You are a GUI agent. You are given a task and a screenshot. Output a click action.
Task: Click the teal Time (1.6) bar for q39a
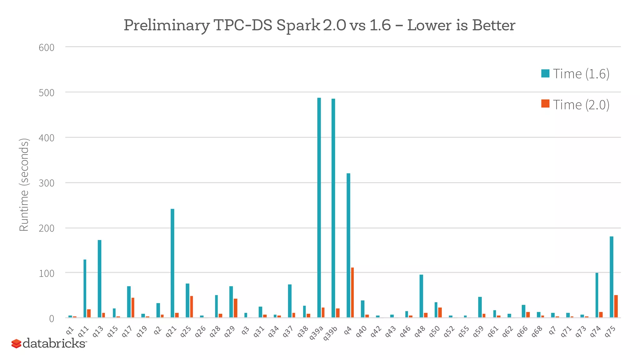pos(319,208)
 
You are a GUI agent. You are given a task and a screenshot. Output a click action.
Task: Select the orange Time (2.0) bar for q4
pos(352,292)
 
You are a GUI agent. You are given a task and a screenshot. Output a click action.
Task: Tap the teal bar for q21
pos(172,263)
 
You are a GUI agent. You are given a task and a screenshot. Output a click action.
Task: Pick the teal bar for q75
pos(612,277)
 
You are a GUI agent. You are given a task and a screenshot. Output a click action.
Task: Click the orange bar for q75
pos(616,306)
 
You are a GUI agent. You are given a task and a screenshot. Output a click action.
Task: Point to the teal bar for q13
pos(99,279)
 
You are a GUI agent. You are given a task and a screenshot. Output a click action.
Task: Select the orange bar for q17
pos(133,307)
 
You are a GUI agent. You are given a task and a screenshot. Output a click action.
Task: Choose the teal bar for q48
pos(421,296)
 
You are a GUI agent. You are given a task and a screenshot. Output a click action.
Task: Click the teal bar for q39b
pos(333,208)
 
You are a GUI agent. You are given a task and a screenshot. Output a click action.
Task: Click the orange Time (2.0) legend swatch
pos(545,104)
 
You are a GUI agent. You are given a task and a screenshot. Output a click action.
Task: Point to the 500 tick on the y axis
pos(47,93)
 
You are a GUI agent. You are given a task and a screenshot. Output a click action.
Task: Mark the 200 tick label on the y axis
pos(47,228)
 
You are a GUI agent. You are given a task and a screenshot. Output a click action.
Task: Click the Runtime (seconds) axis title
pos(24,184)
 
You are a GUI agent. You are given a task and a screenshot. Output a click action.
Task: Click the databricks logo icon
pos(16,344)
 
